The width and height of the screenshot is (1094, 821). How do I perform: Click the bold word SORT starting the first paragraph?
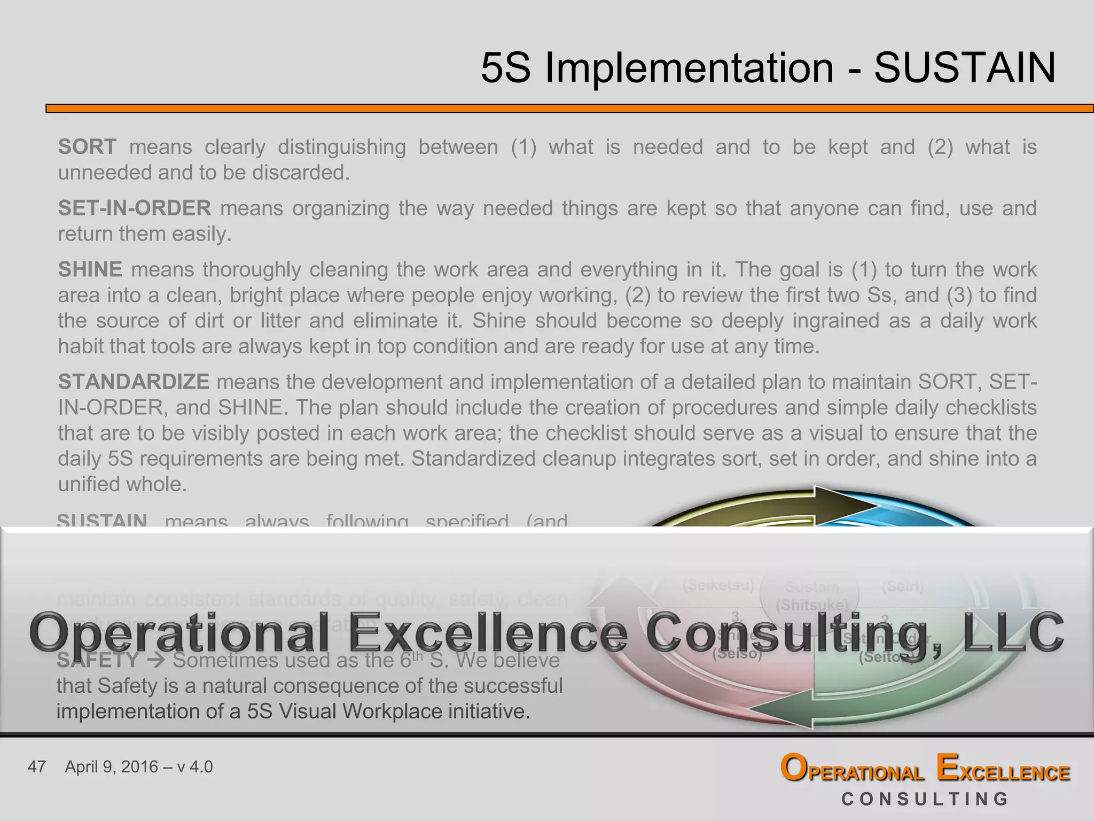click(87, 147)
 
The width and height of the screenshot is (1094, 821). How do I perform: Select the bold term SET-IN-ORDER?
click(135, 208)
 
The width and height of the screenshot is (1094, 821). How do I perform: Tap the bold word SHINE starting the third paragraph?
click(90, 269)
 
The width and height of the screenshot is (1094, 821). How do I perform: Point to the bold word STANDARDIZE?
click(134, 382)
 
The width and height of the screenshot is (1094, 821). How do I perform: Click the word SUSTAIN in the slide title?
click(965, 68)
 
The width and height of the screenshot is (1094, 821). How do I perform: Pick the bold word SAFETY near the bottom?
click(98, 661)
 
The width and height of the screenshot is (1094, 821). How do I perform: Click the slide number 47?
click(37, 767)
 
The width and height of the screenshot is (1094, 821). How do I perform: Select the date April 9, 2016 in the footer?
click(112, 767)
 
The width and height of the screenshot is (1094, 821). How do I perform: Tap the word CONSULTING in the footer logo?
click(925, 799)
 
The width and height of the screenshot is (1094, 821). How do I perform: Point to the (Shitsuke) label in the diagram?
click(811, 605)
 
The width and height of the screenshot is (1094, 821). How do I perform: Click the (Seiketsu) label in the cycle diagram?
click(718, 586)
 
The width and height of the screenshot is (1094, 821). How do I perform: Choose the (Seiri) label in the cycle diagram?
click(903, 587)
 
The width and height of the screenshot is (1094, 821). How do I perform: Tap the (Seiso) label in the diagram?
click(737, 654)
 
